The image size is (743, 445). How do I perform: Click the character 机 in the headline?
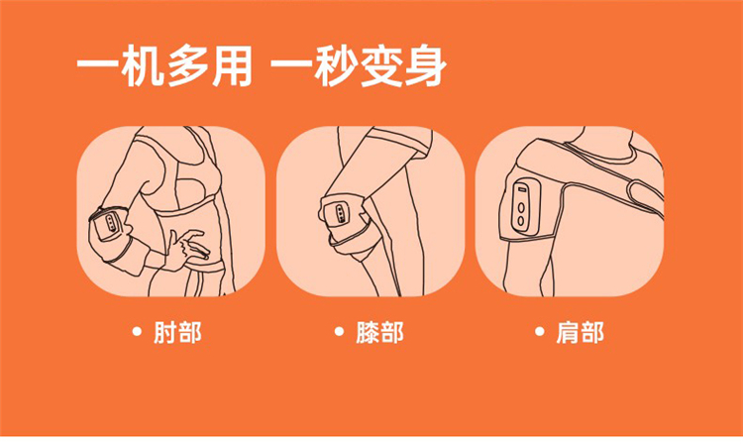coord(142,65)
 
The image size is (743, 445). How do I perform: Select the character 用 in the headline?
coord(231,65)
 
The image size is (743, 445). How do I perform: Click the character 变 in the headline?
coord(380,65)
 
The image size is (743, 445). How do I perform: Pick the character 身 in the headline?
coord(425,65)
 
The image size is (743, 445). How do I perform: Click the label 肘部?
coord(177,332)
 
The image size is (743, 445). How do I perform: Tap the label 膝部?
coord(379,332)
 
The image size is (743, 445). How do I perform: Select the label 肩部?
coord(580,332)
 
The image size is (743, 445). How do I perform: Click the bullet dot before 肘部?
coord(137,331)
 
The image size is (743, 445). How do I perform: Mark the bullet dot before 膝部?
coord(339,331)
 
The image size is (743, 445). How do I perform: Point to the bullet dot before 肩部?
coord(539,331)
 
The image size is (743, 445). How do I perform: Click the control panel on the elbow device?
coord(111,222)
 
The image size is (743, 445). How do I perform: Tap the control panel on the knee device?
coord(340,213)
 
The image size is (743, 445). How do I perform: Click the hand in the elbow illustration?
coord(188,248)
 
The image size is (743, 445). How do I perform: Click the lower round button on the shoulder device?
coord(521,220)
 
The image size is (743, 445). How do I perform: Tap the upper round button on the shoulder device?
coord(521,207)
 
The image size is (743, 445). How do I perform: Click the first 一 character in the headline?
coord(97,65)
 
